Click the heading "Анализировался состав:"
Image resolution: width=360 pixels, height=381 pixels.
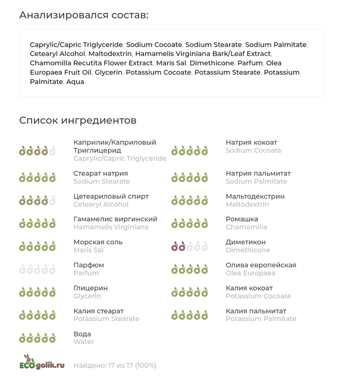(x=84, y=15)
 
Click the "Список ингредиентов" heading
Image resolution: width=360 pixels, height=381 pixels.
(x=78, y=120)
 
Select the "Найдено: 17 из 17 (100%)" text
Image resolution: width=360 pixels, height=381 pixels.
(x=115, y=366)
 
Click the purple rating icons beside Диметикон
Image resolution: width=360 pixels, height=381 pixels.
(x=189, y=247)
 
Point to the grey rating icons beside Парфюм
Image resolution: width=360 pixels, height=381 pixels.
(x=37, y=269)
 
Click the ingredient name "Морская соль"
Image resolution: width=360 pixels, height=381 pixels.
(x=98, y=242)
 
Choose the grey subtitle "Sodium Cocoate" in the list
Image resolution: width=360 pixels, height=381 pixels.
(x=254, y=151)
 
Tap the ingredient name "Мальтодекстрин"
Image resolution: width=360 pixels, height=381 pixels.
(x=255, y=196)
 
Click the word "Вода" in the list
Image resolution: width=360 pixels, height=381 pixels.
(x=82, y=334)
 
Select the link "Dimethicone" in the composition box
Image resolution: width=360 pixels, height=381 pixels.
(x=211, y=63)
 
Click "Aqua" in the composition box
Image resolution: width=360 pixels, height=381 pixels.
(x=75, y=82)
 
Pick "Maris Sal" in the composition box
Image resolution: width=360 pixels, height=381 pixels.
(x=171, y=63)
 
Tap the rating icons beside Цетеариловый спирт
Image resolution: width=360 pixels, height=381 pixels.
(x=37, y=201)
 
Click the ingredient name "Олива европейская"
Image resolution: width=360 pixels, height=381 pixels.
(x=261, y=265)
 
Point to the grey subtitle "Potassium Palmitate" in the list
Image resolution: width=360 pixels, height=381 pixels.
(x=261, y=319)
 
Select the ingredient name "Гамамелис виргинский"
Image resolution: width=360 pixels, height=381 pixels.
(x=115, y=219)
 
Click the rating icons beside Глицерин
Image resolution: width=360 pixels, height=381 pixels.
(x=37, y=293)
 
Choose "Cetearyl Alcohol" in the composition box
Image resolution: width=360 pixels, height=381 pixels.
(x=57, y=54)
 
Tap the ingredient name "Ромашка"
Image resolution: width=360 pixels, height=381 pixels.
(x=242, y=219)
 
